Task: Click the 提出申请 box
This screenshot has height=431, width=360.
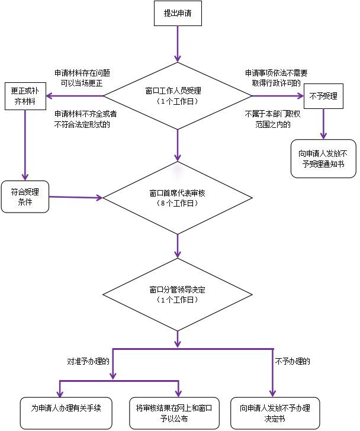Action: click(178, 13)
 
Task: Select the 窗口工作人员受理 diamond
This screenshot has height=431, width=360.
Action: click(178, 96)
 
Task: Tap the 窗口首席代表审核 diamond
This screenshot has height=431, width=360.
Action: click(178, 198)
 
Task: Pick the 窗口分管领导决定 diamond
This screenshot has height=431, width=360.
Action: click(178, 294)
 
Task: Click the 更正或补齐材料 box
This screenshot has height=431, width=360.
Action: click(25, 96)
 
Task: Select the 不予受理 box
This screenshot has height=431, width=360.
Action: click(323, 96)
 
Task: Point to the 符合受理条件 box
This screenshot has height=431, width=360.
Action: click(25, 197)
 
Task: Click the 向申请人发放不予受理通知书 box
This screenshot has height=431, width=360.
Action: click(323, 159)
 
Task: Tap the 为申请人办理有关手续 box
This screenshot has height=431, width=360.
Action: click(66, 413)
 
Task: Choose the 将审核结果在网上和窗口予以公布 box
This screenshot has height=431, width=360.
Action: click(174, 413)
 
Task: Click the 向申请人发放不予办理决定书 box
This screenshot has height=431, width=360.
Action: click(275, 413)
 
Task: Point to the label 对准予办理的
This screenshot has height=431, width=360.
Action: click(88, 361)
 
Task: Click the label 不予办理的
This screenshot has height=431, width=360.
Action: click(292, 361)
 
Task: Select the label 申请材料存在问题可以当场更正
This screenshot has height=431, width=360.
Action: click(82, 78)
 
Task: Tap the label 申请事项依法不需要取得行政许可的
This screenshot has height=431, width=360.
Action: click(276, 78)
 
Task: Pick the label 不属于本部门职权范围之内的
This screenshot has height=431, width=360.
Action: click(272, 120)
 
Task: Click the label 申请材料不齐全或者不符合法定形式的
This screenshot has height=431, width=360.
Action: click(85, 120)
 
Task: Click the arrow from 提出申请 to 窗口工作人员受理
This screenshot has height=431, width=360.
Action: click(178, 44)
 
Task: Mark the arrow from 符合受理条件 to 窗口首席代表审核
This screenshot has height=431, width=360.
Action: click(76, 197)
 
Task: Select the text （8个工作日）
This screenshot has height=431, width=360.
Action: click(178, 204)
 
